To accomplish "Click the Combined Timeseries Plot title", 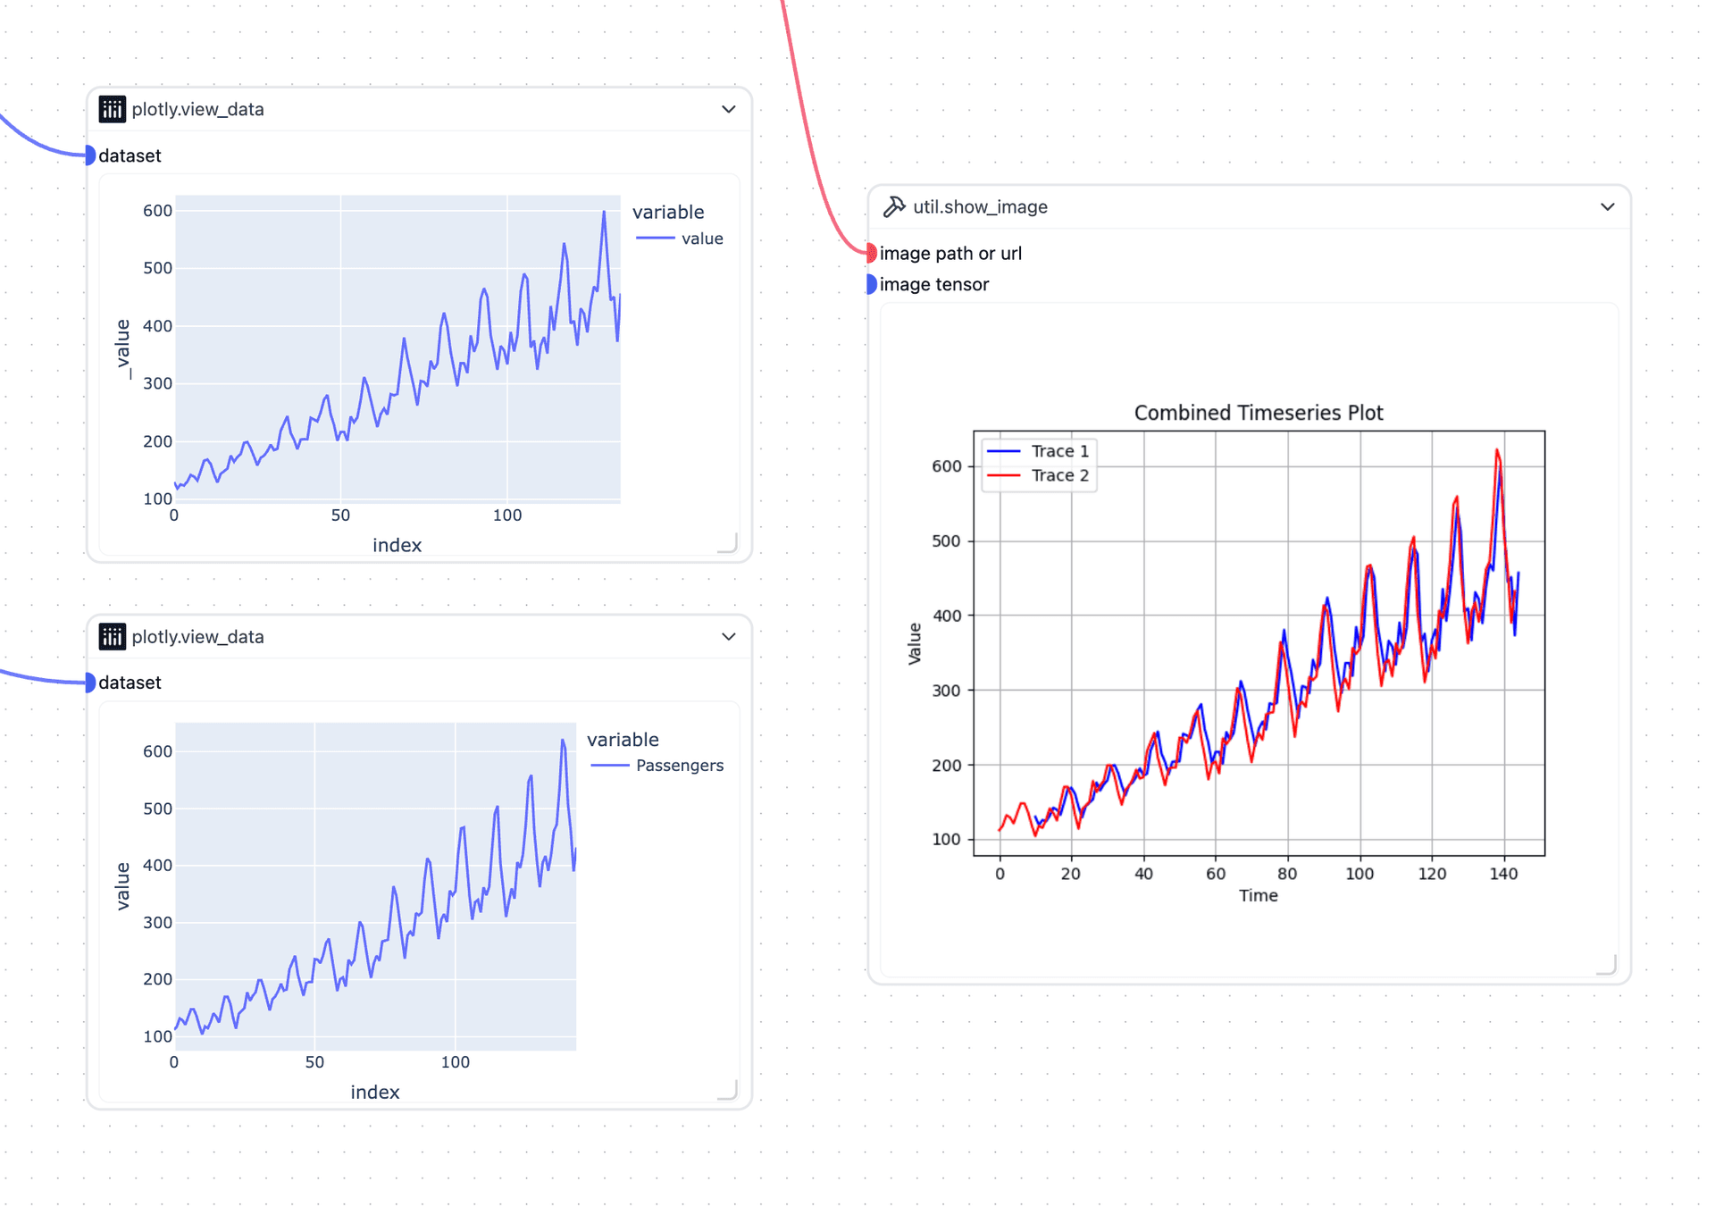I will (x=1258, y=413).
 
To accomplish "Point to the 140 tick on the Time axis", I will (x=1503, y=874).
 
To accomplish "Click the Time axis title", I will (x=1258, y=895).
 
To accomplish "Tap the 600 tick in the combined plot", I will (x=946, y=466).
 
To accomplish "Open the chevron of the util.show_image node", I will (x=1607, y=207).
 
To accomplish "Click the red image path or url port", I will (x=871, y=253).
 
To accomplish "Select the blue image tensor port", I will (x=871, y=284).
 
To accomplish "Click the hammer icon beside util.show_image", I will (x=894, y=207).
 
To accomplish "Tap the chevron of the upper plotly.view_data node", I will (x=729, y=109).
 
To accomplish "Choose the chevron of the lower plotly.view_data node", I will (x=729, y=637).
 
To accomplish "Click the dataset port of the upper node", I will (x=89, y=155).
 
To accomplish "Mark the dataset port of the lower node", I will (x=89, y=683).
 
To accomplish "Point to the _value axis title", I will (x=123, y=349).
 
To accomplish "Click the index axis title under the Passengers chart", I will (x=374, y=1092).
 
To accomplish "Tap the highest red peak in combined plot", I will (x=1497, y=450).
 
